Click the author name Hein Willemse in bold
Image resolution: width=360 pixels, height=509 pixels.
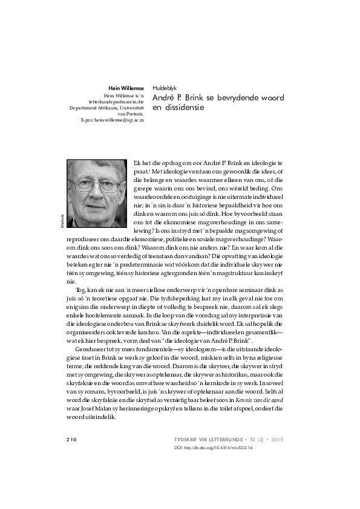126,88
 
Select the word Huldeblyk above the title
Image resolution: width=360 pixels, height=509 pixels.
165,88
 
